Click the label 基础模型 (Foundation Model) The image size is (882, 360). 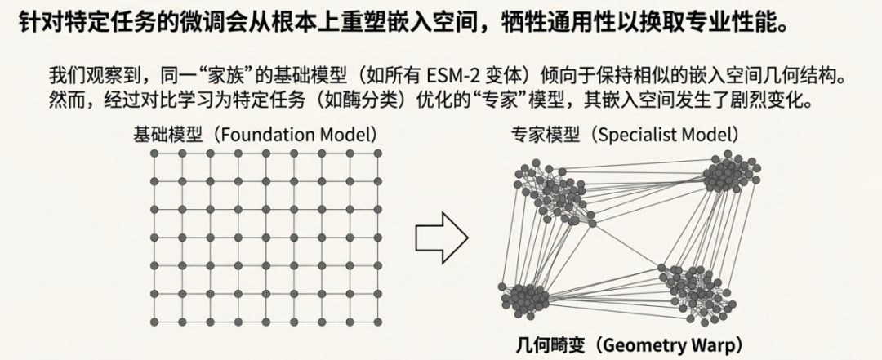pyautogui.click(x=254, y=134)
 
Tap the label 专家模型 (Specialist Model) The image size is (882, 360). pyautogui.click(x=625, y=134)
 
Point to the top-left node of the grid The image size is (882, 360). pyautogui.click(x=153, y=153)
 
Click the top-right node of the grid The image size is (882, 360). pyautogui.click(x=377, y=153)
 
